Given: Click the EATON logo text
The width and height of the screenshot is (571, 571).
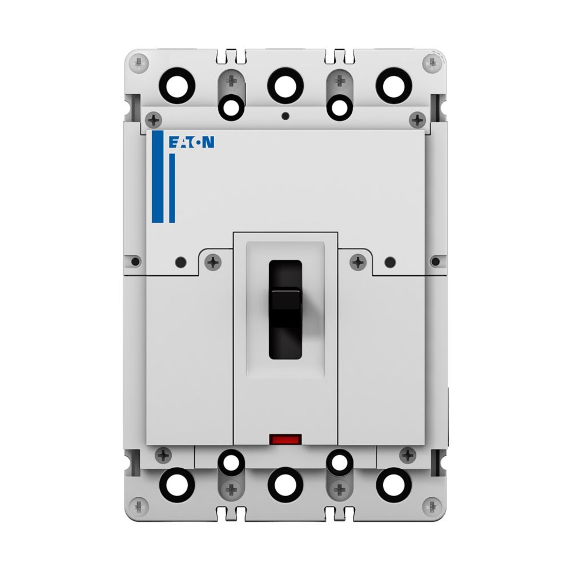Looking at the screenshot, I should click(x=191, y=142).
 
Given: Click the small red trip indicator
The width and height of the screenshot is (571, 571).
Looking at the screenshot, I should click(x=285, y=440).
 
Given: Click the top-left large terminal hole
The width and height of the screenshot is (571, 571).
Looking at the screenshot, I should click(x=177, y=85).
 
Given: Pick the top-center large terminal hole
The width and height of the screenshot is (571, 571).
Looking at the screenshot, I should click(x=285, y=85).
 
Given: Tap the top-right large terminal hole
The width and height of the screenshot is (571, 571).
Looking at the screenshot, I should click(x=393, y=85).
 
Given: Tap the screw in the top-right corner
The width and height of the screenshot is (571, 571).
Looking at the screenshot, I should click(x=433, y=62).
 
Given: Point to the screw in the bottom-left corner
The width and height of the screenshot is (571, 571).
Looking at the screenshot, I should click(x=138, y=505).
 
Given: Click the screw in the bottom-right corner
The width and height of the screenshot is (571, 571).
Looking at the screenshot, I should click(x=433, y=505).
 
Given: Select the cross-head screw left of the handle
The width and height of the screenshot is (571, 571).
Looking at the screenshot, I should click(x=213, y=262).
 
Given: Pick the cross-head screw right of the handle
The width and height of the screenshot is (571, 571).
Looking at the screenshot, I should click(x=358, y=262).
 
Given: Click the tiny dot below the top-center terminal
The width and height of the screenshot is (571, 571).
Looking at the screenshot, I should click(x=285, y=116).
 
